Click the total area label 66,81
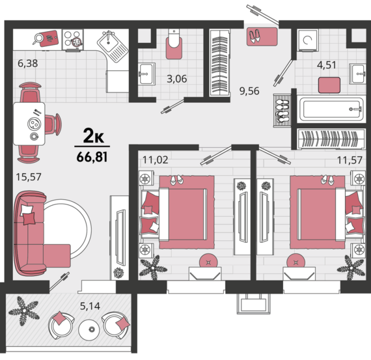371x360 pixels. click(x=92, y=157)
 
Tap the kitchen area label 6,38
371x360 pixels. click(x=28, y=63)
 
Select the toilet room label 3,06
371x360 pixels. click(x=177, y=79)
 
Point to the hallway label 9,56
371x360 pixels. click(x=249, y=91)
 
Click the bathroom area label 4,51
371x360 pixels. click(x=327, y=65)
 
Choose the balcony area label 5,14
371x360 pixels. click(x=90, y=306)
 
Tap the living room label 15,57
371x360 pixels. click(x=29, y=177)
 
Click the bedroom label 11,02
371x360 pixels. click(x=155, y=160)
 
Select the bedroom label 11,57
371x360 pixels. click(x=350, y=160)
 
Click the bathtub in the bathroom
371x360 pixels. click(x=331, y=109)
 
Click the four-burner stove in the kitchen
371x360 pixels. click(x=73, y=40)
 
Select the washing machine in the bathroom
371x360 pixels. click(x=308, y=40)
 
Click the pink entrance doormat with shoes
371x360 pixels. click(x=262, y=36)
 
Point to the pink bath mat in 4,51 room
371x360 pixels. click(x=329, y=85)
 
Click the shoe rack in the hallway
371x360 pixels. click(x=282, y=111)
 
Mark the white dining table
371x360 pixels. click(x=29, y=124)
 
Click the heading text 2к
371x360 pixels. click(x=94, y=136)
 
